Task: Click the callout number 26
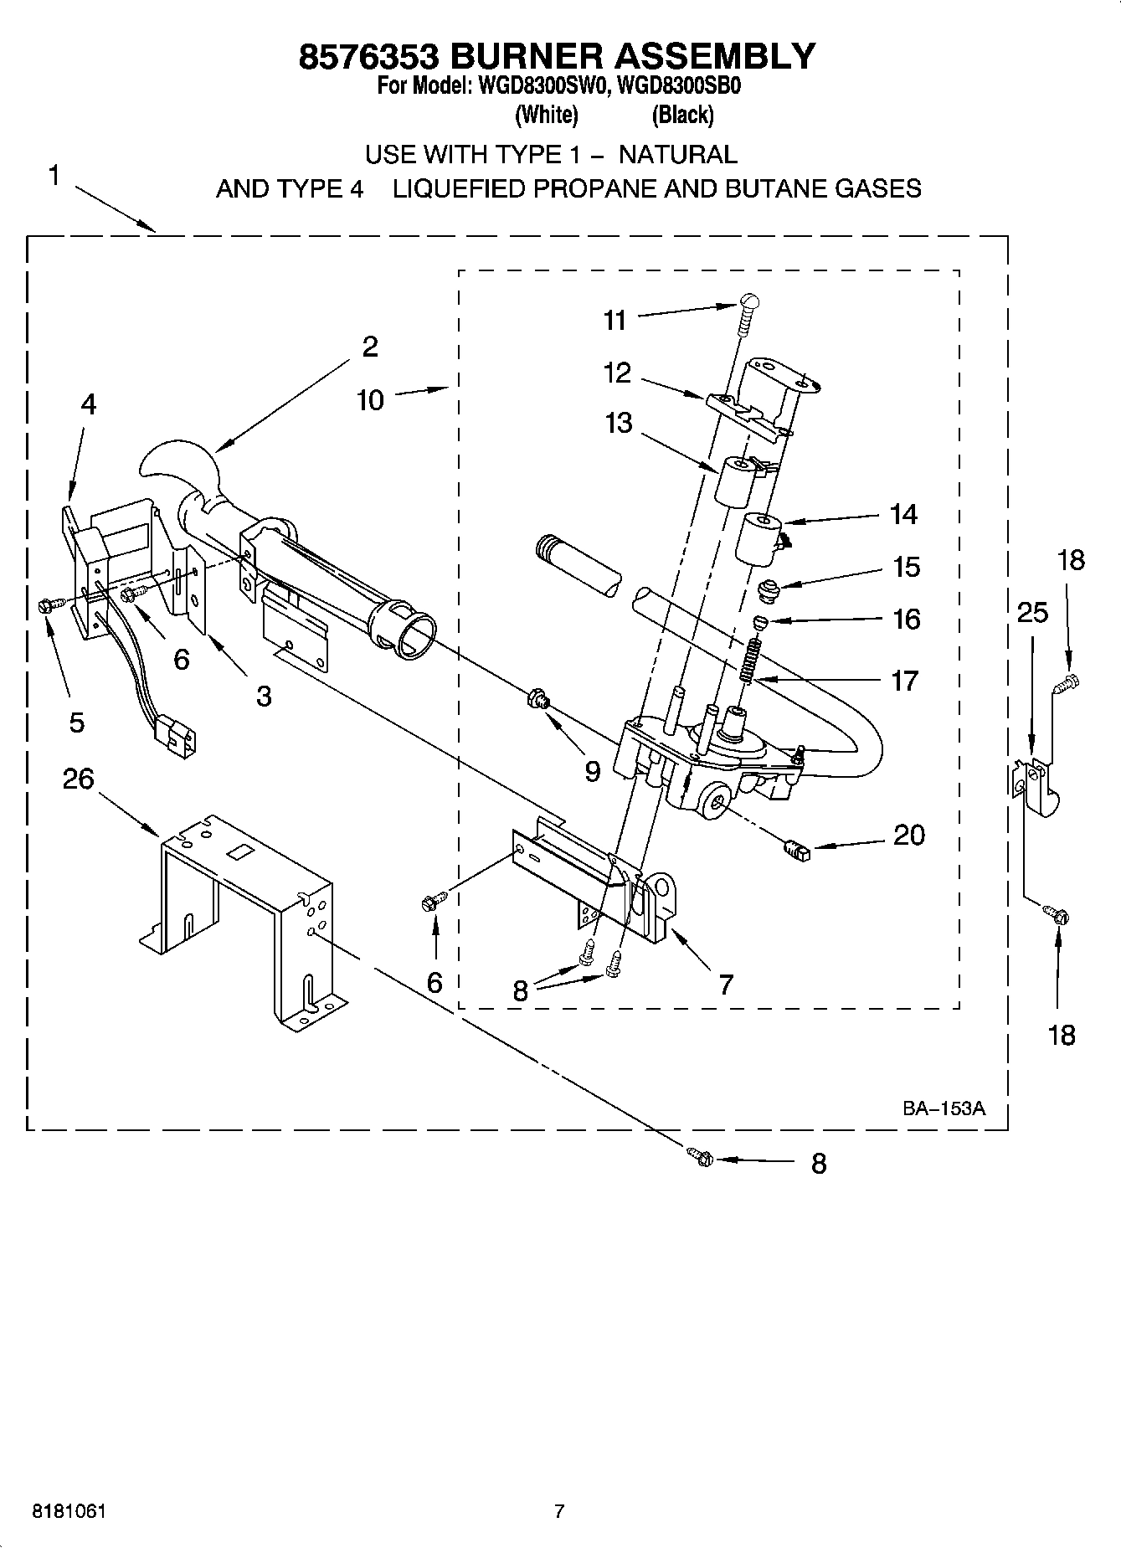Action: [78, 779]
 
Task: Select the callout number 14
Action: [903, 514]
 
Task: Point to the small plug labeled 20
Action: [796, 851]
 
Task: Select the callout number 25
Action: [1032, 613]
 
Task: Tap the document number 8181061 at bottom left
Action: [69, 1511]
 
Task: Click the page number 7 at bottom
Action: [559, 1511]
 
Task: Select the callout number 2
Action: [369, 347]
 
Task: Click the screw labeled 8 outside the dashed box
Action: [701, 1158]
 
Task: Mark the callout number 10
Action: [370, 400]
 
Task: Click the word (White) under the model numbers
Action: [546, 115]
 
